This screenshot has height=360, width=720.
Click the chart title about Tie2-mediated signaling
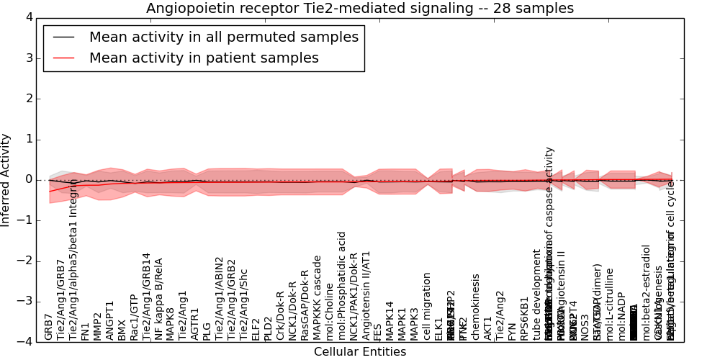point(360,8)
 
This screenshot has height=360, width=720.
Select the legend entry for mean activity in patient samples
point(204,58)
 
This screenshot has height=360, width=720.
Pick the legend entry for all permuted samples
point(223,37)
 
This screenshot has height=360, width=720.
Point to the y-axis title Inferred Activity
point(6,179)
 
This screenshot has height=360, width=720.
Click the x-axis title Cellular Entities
point(360,352)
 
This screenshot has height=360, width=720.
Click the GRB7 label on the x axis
point(48,326)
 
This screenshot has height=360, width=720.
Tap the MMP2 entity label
point(98,326)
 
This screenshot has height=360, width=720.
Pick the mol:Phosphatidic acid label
point(342,286)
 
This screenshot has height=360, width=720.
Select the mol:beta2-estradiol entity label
point(647,292)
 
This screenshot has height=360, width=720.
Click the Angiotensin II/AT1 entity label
point(366,295)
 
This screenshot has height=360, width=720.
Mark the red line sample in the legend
point(63,58)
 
